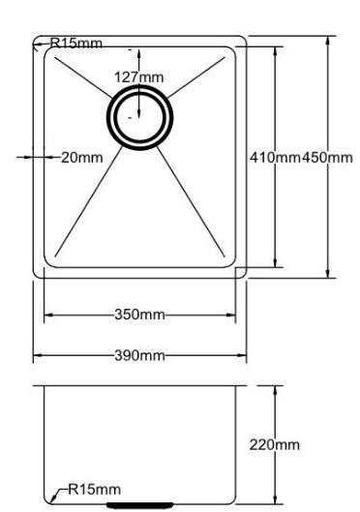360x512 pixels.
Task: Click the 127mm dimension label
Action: [138, 77]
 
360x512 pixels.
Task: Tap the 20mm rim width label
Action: [82, 158]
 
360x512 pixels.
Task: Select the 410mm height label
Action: [275, 158]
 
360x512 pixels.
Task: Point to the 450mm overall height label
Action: [327, 158]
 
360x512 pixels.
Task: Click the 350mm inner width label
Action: [139, 315]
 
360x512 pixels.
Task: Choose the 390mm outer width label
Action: [139, 355]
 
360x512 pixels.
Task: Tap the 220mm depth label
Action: [275, 445]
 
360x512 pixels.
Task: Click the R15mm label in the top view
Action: [76, 44]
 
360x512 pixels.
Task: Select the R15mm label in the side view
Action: [94, 489]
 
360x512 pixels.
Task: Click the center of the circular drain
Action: [139, 117]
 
